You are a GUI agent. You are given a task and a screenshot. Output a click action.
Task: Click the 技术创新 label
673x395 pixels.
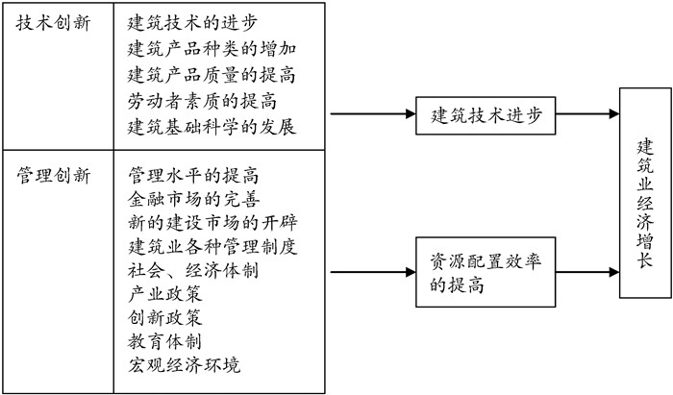(54, 24)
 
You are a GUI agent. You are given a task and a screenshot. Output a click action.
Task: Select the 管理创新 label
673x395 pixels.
(54, 176)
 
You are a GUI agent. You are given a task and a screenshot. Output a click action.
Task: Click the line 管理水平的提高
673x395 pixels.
(193, 177)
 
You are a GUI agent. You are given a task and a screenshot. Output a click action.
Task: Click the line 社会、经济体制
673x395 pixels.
(192, 271)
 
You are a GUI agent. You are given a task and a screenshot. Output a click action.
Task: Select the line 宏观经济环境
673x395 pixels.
(183, 365)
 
